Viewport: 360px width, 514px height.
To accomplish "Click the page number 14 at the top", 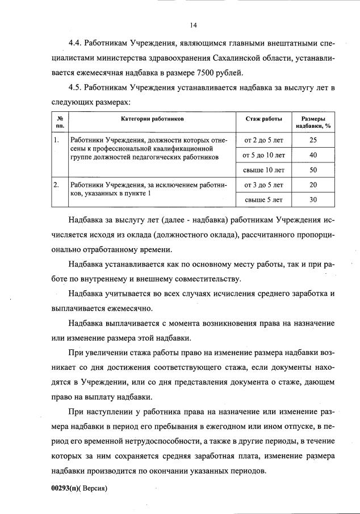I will (x=193, y=25).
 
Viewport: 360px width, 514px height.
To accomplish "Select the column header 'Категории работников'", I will (x=152, y=119).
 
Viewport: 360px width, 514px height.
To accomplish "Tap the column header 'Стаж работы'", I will (x=264, y=119).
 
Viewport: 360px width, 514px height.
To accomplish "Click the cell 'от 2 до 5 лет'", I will (x=264, y=140).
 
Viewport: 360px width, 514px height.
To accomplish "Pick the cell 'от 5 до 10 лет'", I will (x=264, y=154).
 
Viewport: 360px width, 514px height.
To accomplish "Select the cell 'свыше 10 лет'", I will (x=264, y=170).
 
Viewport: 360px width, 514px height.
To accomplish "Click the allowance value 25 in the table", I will (x=313, y=140).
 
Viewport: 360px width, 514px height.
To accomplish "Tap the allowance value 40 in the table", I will (x=313, y=154).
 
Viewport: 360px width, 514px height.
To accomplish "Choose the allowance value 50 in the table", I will (x=313, y=170).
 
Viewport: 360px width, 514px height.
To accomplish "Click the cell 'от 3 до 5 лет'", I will (x=264, y=185).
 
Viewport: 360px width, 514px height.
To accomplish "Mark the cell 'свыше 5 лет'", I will (x=264, y=200).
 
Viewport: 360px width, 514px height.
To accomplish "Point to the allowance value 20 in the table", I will (x=313, y=185).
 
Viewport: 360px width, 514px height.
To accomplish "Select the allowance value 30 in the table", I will (x=313, y=200).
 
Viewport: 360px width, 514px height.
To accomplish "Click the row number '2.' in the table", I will (x=56, y=185).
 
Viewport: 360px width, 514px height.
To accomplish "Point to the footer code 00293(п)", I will (x=64, y=488).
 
